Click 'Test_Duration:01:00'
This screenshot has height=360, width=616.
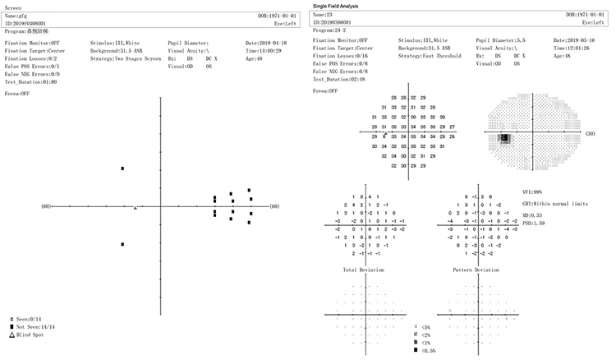30,82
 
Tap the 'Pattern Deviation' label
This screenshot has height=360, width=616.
476,270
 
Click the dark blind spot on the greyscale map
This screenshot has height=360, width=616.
505,139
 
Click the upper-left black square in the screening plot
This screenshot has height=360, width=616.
122,168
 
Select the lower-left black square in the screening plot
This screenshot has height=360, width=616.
122,244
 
